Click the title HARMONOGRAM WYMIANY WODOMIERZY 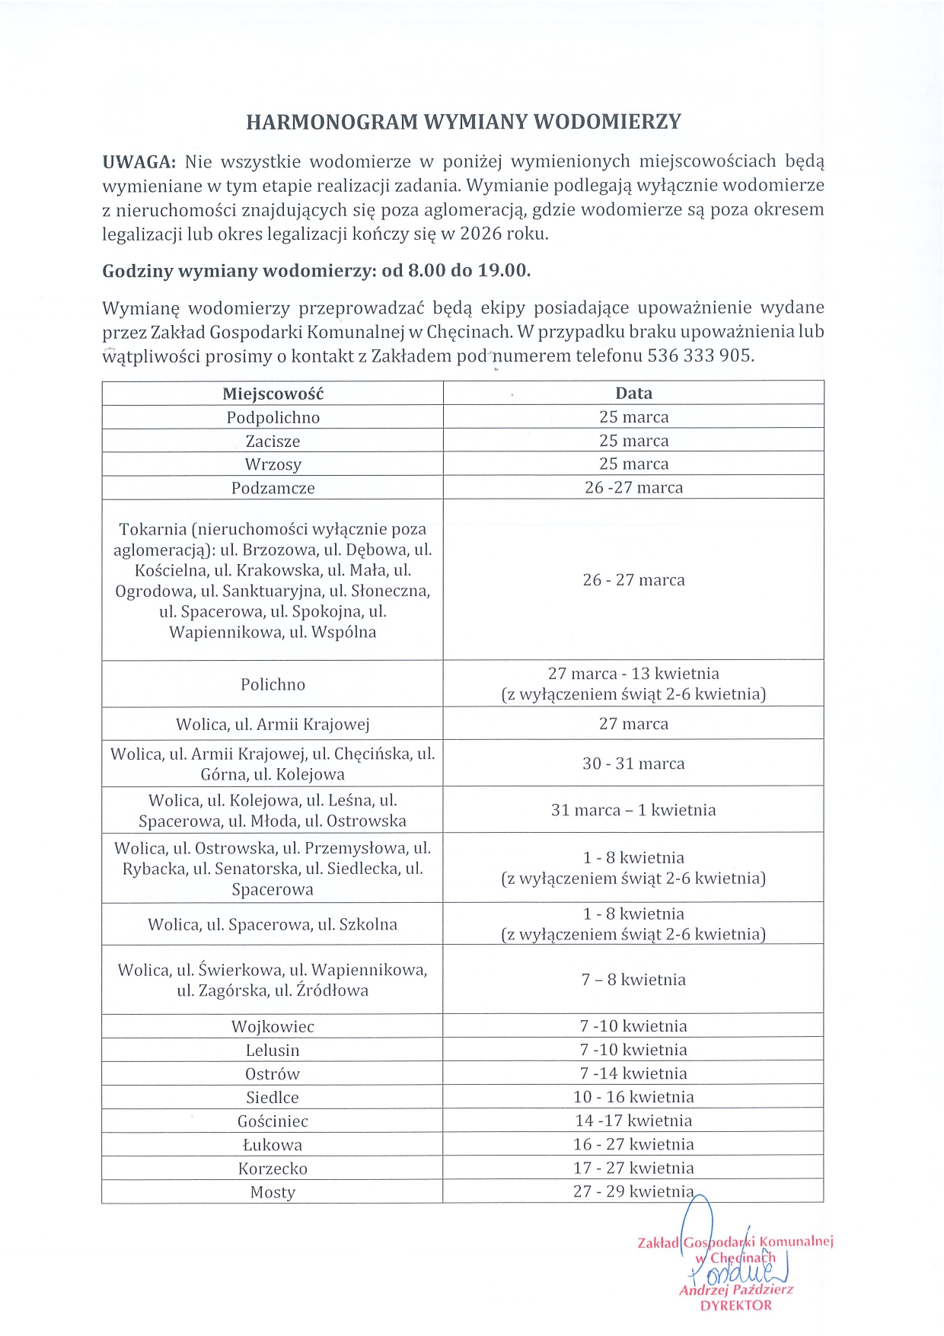tap(464, 123)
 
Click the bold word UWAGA tap(139, 162)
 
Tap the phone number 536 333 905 tap(700, 356)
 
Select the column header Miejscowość tap(273, 394)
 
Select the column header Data tap(633, 394)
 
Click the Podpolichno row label tap(273, 417)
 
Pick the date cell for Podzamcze tap(633, 487)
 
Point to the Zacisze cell tap(273, 441)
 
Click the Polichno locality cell tap(273, 684)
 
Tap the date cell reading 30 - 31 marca tap(633, 764)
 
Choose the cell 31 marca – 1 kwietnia tap(633, 810)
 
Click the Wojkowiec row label tap(273, 1027)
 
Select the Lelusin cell tap(273, 1051)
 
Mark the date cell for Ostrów tap(633, 1073)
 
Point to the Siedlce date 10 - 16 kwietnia tap(633, 1097)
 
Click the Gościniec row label tap(273, 1121)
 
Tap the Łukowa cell tap(273, 1145)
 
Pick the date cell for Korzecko tap(633, 1168)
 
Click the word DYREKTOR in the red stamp tap(735, 1306)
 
